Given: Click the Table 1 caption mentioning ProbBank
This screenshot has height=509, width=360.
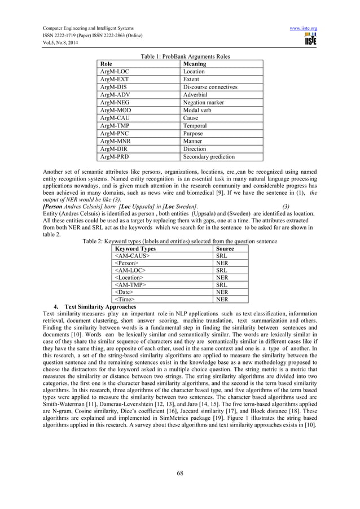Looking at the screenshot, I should point(180,56).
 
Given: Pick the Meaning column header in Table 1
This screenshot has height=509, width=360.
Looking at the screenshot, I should point(194,64).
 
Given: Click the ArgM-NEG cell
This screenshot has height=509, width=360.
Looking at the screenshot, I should point(115,103).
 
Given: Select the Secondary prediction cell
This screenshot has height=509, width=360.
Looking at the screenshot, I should point(209,157).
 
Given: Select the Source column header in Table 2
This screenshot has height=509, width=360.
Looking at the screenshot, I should point(225,248).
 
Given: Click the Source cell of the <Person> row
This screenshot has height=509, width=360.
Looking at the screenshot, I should point(223,263).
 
